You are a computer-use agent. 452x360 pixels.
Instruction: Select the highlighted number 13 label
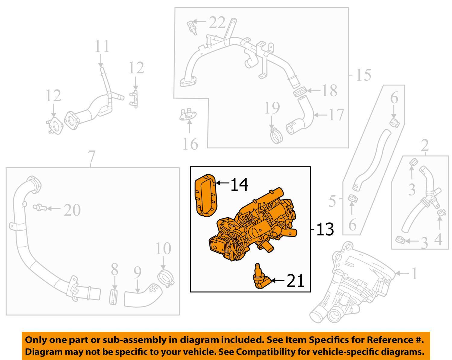point(325,229)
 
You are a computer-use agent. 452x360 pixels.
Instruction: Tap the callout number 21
point(295,281)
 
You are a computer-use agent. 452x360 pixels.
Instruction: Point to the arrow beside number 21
point(278,281)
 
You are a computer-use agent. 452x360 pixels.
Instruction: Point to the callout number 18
point(329,90)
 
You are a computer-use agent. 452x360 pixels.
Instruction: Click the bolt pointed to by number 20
point(39,207)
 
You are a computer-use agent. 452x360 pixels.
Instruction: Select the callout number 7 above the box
point(91,157)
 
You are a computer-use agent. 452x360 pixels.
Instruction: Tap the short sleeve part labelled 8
point(114,296)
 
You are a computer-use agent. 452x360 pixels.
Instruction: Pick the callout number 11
point(102,47)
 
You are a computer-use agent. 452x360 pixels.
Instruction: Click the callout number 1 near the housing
point(414,273)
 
